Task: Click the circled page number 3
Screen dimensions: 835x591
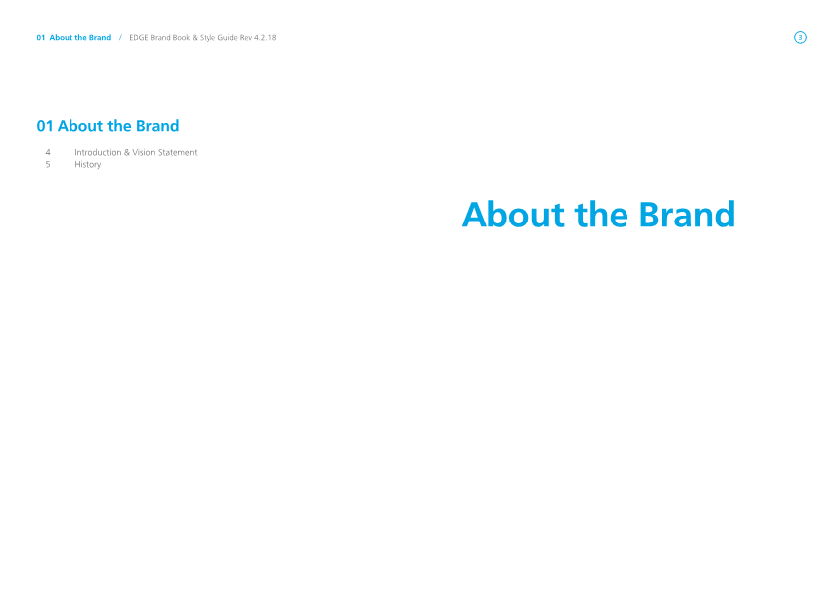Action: click(x=800, y=38)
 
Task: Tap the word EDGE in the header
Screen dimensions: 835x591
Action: click(x=138, y=38)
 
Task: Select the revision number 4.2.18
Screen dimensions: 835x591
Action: click(x=265, y=38)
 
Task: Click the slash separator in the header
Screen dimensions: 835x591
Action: click(x=120, y=38)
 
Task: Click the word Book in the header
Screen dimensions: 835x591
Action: click(x=181, y=38)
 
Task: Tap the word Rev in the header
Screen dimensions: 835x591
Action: click(x=246, y=38)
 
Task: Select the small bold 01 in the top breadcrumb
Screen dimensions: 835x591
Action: click(x=41, y=38)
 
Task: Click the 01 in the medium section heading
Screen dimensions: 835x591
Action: click(x=45, y=126)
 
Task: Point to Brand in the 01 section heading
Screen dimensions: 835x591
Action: click(x=158, y=126)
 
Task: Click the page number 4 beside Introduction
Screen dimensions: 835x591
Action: click(x=48, y=152)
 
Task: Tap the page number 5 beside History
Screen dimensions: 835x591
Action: click(x=48, y=165)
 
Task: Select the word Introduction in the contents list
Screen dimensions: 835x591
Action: click(x=98, y=152)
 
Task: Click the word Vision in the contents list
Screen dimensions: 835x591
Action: click(x=144, y=152)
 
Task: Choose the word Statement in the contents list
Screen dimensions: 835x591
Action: click(x=178, y=152)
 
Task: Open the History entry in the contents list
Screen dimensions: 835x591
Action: click(x=87, y=165)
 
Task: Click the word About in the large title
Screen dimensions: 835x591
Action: click(x=513, y=215)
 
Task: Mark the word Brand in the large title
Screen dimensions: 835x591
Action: click(x=687, y=215)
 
